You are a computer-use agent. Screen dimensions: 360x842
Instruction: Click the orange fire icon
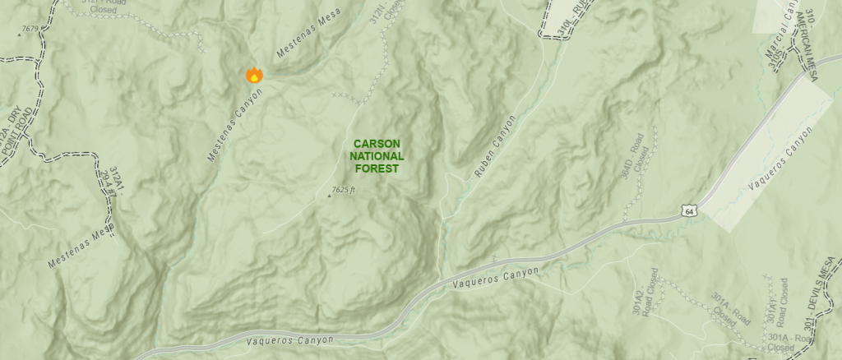coord(254,75)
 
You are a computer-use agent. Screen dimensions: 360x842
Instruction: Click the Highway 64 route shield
coord(690,212)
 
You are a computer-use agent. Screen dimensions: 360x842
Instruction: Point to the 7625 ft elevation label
coord(344,191)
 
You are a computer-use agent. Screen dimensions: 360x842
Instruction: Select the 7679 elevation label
coord(31,29)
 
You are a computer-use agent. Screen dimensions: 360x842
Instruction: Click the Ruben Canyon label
coord(496,147)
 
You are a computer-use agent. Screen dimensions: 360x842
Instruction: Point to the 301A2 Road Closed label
coord(645,292)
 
